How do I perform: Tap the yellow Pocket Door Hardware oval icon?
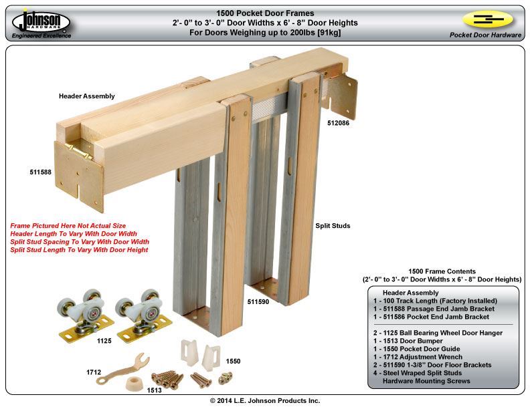(487, 19)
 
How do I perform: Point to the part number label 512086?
(339, 124)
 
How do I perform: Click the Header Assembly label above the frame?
(86, 96)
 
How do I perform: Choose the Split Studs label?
(333, 226)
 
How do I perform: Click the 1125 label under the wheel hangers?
(104, 341)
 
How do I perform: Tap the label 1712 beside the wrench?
(94, 372)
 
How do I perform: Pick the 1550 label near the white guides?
(233, 361)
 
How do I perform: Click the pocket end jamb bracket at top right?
(347, 97)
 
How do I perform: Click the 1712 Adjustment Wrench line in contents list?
(425, 356)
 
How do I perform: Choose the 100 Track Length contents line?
(435, 301)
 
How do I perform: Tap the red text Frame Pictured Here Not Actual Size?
(68, 226)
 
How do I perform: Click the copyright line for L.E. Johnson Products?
(265, 400)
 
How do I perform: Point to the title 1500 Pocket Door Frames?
(264, 13)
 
